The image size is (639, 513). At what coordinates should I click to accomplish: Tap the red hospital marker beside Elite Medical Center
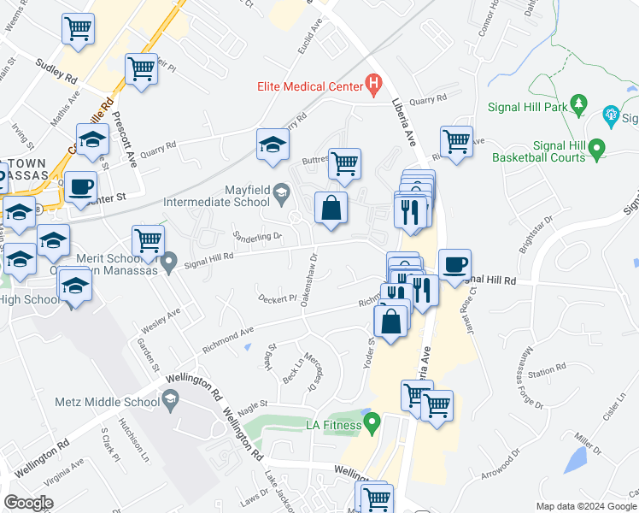click(x=372, y=85)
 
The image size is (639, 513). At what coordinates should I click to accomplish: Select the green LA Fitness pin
click(x=372, y=422)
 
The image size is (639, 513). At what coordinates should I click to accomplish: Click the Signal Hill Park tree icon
click(x=579, y=104)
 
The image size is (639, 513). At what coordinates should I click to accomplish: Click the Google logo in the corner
click(x=29, y=503)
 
